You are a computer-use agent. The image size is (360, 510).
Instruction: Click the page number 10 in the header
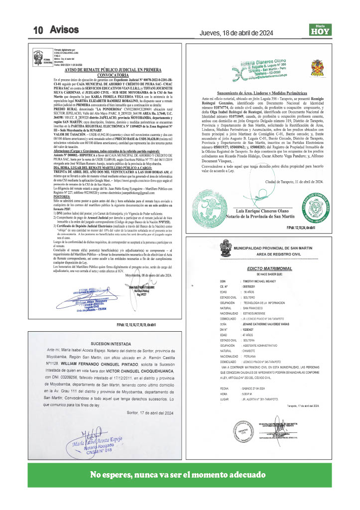tap(39, 30)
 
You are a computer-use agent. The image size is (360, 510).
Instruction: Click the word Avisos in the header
tap(64, 30)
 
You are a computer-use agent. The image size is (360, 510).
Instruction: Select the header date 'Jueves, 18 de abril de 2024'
tap(236, 33)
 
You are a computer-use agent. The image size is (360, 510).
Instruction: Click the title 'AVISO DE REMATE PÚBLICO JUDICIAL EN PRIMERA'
tap(114, 70)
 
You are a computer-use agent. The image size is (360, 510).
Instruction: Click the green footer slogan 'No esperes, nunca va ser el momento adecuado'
tap(178, 474)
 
